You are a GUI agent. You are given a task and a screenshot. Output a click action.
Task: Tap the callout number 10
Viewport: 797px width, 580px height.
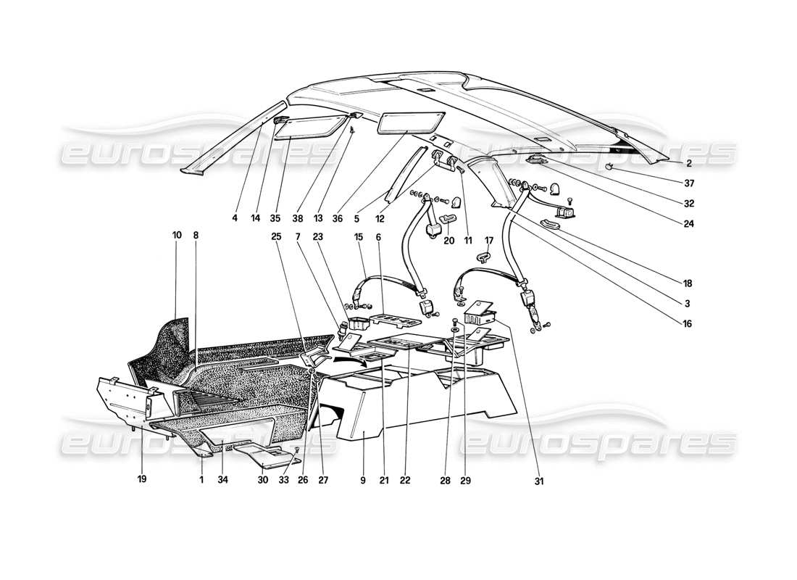[x=177, y=235]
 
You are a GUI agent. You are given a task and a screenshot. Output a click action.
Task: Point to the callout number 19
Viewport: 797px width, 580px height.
[x=142, y=479]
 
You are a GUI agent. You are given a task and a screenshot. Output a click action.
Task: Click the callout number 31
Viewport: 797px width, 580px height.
[x=539, y=480]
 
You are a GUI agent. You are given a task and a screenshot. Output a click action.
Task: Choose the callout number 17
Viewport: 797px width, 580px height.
[x=489, y=240]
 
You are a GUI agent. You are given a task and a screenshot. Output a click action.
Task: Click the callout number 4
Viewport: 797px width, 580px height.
[x=235, y=217]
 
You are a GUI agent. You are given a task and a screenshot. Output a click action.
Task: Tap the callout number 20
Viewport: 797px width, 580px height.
[x=449, y=241]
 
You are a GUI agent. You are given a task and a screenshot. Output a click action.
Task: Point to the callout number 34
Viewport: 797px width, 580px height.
[x=222, y=479]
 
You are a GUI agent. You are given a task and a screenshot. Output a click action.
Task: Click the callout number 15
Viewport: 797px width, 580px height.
[x=359, y=236]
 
